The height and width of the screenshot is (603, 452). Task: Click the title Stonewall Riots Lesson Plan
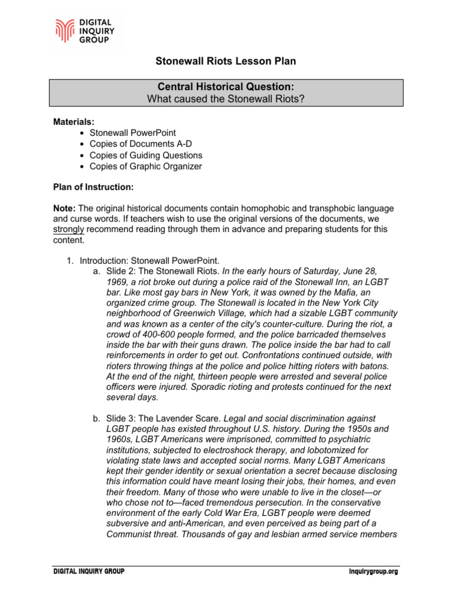(225, 61)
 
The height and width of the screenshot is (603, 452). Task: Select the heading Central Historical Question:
(225, 87)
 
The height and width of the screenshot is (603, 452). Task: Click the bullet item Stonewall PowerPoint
(132, 132)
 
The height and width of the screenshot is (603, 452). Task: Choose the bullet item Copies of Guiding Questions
(145, 155)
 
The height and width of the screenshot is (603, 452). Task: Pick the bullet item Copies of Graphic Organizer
(145, 166)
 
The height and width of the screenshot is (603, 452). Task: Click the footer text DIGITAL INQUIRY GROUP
(89, 572)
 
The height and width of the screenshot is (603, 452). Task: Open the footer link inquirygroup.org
(373, 572)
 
